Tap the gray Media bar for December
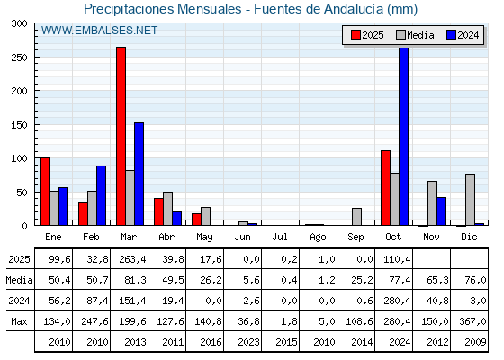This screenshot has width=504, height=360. [470, 200]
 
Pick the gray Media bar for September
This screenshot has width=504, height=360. [356, 217]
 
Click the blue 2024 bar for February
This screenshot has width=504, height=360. [101, 195]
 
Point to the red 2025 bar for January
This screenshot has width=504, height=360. [45, 192]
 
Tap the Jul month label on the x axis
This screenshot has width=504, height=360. [280, 237]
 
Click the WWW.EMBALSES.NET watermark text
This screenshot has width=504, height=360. [99, 31]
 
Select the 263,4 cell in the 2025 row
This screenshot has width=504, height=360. [129, 259]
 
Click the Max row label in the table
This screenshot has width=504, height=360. [18, 321]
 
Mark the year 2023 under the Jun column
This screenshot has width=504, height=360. [242, 342]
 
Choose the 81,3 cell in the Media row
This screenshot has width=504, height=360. [129, 280]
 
